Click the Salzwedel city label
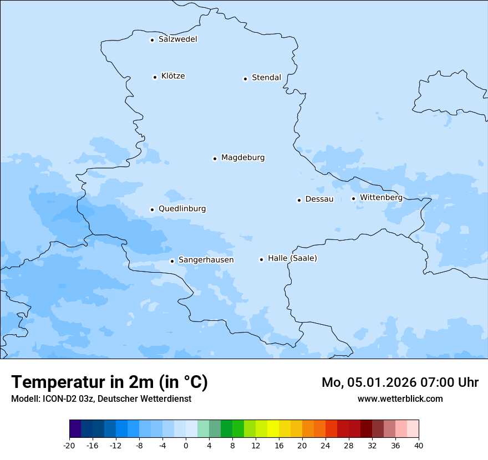tap(177, 39)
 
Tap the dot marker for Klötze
tap(155, 77)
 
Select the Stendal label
tap(266, 78)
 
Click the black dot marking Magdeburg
tap(215, 159)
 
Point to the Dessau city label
tap(319, 199)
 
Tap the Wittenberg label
tap(381, 197)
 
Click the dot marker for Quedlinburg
tap(152, 209)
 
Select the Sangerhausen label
tap(206, 260)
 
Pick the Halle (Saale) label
tap(292, 258)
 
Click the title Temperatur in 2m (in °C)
tap(109, 382)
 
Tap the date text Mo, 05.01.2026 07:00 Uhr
tap(400, 382)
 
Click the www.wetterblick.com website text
tap(400, 398)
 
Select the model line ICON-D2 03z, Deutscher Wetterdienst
tap(101, 398)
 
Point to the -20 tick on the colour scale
tap(69, 445)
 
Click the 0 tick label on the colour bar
tap(186, 445)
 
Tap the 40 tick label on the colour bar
tap(419, 445)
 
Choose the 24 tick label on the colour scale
tap(326, 445)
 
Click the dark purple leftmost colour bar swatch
tap(75, 429)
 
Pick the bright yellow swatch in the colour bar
tap(273, 429)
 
